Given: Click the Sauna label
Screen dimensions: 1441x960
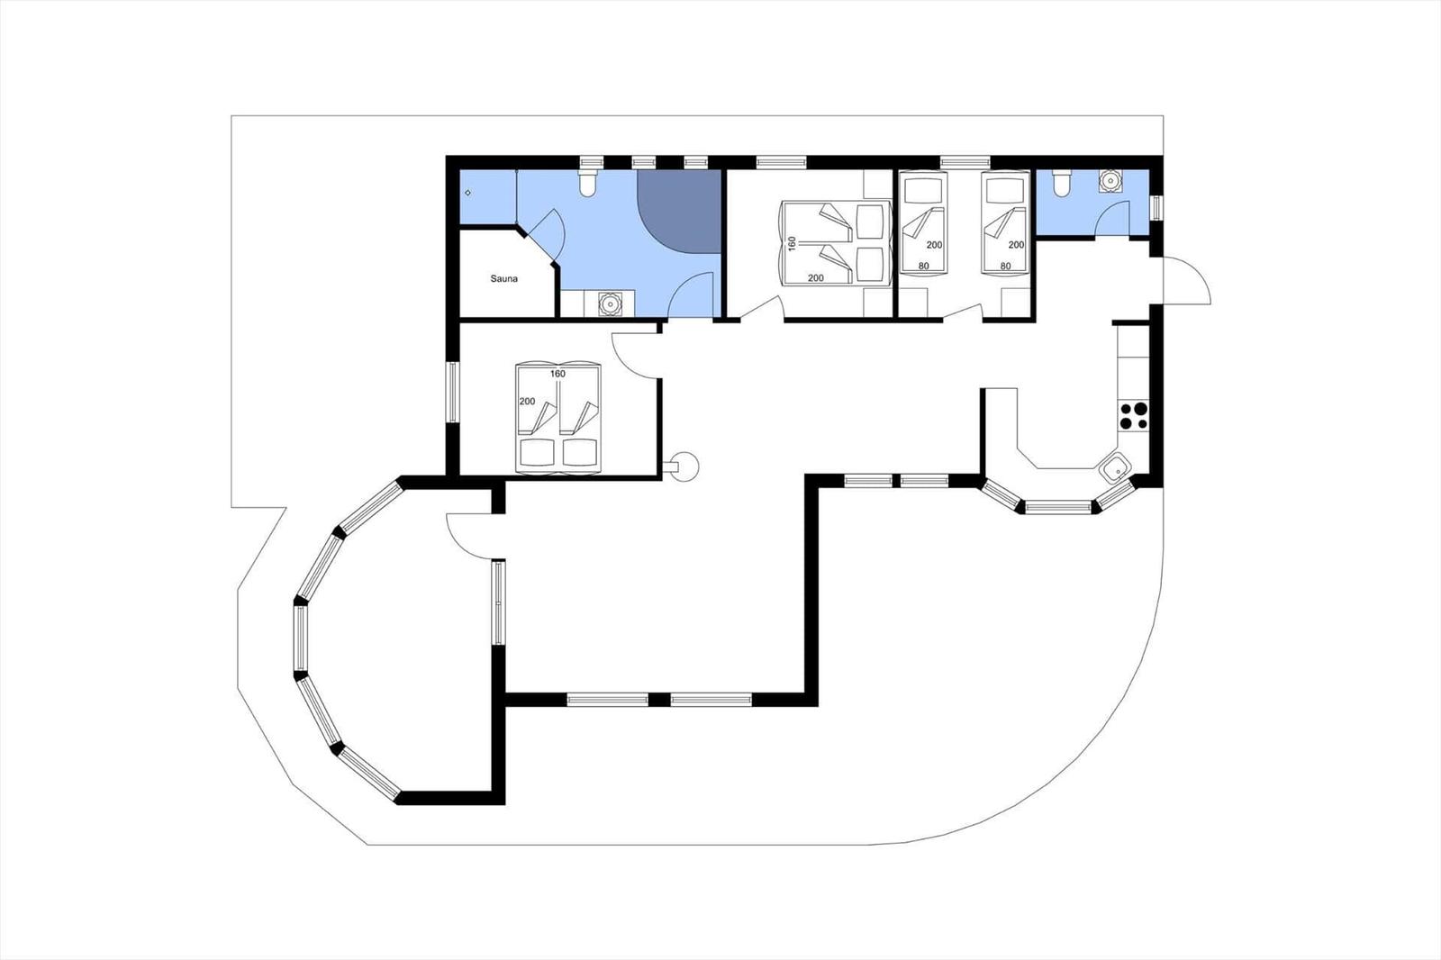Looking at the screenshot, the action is point(503,278).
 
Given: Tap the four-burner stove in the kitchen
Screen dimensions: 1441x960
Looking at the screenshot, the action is point(1134,416).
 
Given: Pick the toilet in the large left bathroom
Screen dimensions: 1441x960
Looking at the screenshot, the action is point(587,182).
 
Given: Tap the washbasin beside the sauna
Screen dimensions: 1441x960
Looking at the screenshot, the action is point(609,303).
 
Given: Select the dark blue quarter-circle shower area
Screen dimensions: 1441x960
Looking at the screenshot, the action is point(679,211).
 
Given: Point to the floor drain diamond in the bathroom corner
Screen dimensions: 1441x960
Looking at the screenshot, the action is point(467,193).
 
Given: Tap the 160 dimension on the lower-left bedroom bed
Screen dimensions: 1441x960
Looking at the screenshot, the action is point(557,374).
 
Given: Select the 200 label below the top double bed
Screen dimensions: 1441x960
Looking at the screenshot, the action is point(816,278).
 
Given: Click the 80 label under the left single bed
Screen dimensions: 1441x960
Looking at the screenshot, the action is point(924,266).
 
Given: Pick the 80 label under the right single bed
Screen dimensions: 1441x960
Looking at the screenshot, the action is point(1005,266).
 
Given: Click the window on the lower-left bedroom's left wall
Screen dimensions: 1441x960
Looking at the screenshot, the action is point(453,393).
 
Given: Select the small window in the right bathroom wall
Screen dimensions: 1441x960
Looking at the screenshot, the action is point(1156,208).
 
